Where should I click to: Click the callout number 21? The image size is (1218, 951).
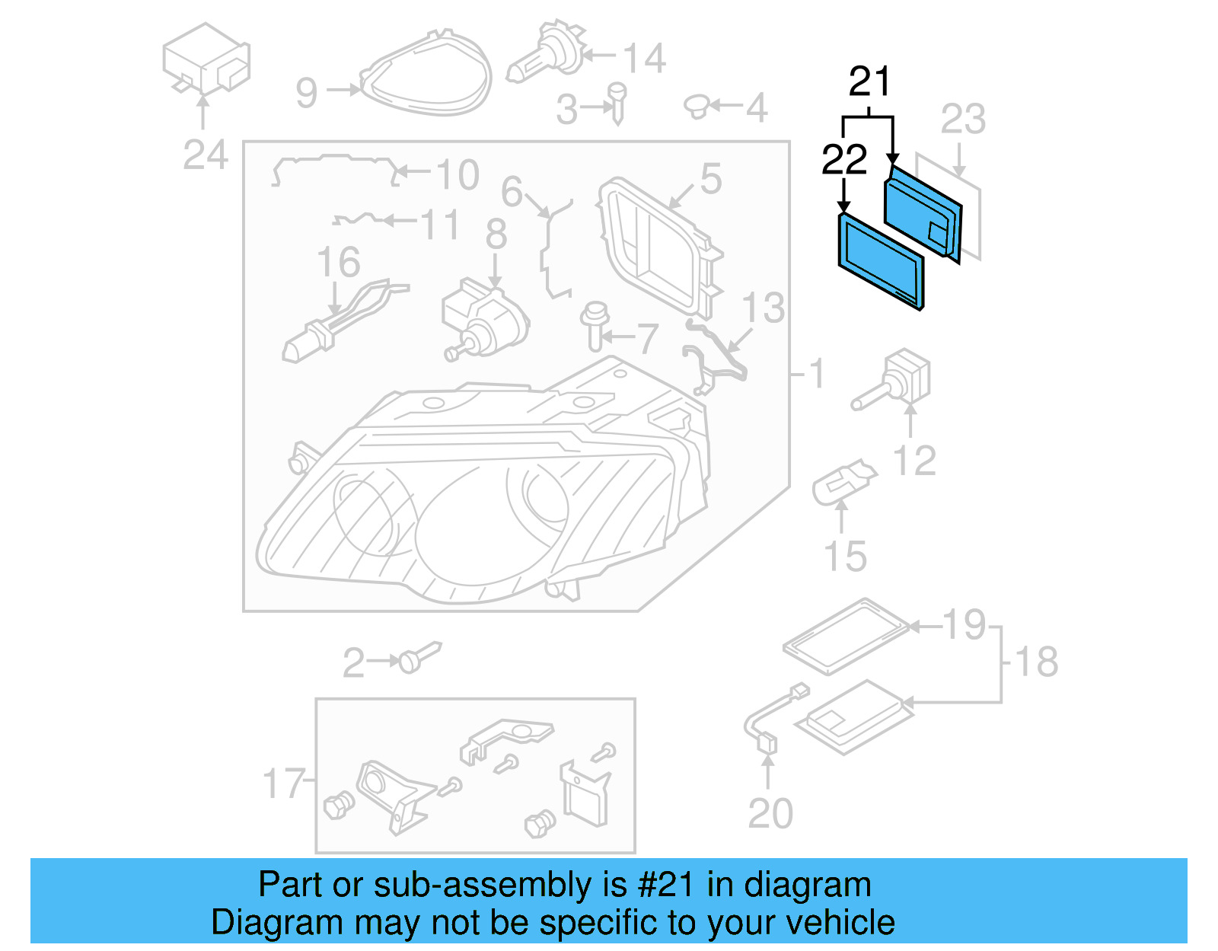click(869, 81)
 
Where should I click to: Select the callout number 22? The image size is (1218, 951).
click(844, 160)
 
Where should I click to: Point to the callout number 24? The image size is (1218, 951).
click(206, 155)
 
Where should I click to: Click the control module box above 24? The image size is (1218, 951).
click(206, 59)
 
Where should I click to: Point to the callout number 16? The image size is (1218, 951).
click(339, 263)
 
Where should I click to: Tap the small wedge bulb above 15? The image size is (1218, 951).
click(843, 481)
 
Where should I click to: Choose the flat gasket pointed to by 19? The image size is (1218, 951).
click(845, 636)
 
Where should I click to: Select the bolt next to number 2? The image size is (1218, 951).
click(415, 658)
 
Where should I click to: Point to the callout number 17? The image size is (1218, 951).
click(284, 783)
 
